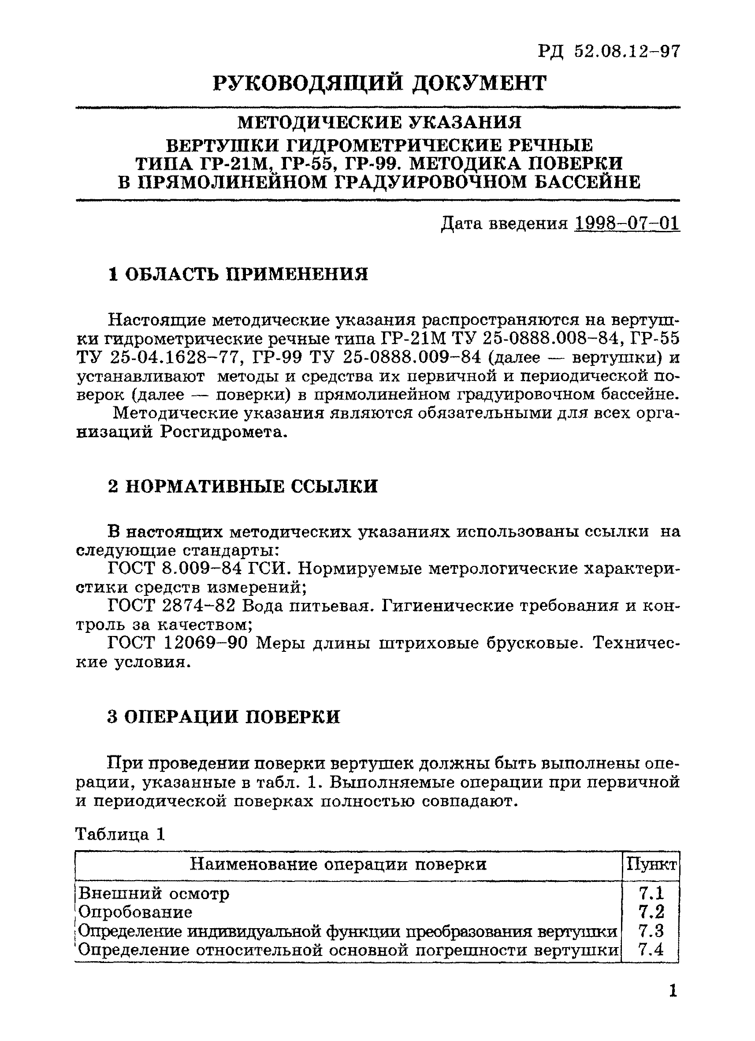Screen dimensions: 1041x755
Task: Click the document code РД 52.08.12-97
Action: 609,52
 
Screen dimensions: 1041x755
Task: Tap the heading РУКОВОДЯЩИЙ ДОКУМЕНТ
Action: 380,84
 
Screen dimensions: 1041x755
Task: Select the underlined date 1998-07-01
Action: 626,223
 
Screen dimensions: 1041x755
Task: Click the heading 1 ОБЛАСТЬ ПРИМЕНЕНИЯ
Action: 238,275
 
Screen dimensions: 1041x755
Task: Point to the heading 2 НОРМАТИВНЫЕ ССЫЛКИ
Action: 243,486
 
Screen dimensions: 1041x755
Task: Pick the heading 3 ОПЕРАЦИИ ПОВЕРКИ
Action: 223,717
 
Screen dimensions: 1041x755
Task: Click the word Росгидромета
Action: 223,432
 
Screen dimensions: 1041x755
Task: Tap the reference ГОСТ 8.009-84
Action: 175,569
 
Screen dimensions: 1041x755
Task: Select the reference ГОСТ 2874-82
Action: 171,606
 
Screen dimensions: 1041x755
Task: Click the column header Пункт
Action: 651,865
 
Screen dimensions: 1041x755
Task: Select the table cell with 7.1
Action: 651,893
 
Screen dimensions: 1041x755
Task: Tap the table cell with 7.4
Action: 651,949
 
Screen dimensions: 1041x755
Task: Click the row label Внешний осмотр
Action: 153,893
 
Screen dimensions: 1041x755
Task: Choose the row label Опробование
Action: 135,911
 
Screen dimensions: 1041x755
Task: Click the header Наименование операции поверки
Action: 338,865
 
